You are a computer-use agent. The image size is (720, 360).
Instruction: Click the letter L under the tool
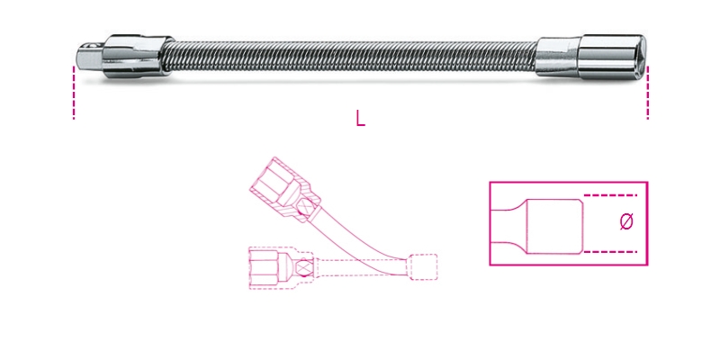[360, 119]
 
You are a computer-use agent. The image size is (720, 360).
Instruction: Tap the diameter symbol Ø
[627, 221]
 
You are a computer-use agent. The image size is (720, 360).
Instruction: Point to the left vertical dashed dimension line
[73, 90]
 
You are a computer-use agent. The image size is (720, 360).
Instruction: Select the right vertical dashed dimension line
[646, 90]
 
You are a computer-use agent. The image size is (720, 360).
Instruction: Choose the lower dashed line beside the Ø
[612, 250]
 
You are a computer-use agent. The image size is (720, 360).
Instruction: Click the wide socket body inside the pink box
[553, 222]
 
